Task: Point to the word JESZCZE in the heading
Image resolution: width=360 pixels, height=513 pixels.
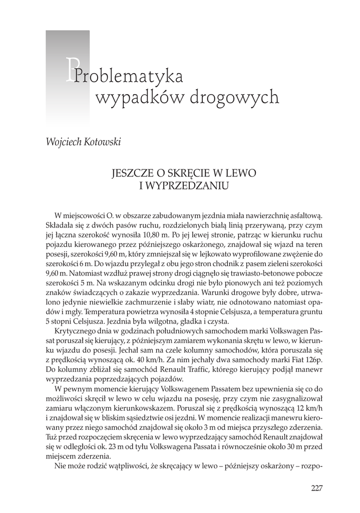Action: pyautogui.click(x=132, y=173)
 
